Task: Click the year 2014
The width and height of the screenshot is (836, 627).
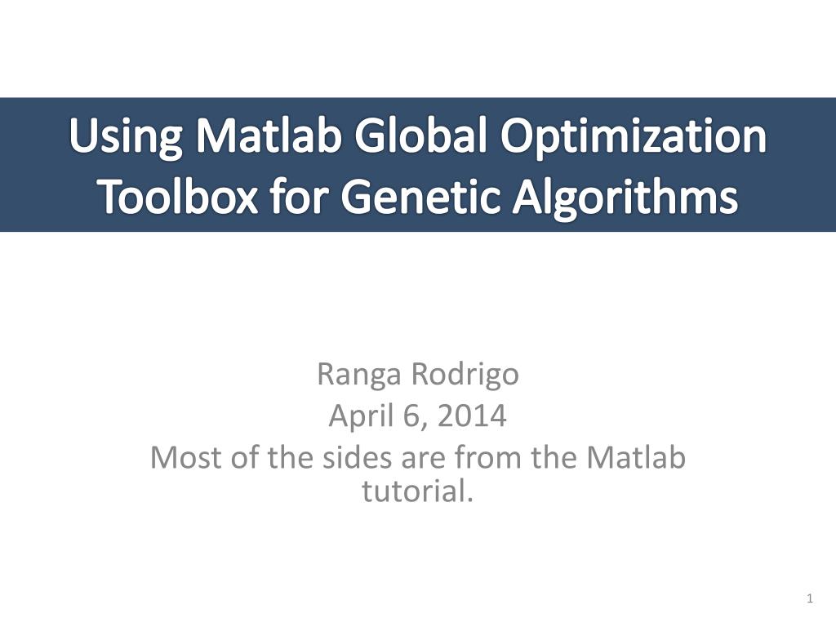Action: click(x=471, y=416)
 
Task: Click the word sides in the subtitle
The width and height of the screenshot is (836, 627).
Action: click(x=362, y=457)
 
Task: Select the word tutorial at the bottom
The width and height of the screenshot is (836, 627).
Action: click(x=417, y=491)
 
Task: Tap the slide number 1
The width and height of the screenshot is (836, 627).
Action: click(x=809, y=600)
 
